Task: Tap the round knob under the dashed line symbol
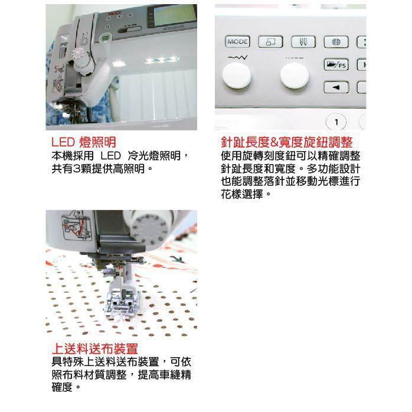click(x=295, y=76)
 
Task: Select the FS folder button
click(x=336, y=65)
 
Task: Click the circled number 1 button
click(x=336, y=122)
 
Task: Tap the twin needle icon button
click(x=303, y=42)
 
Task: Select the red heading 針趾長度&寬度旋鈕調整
click(x=287, y=142)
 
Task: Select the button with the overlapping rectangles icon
click(x=270, y=42)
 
